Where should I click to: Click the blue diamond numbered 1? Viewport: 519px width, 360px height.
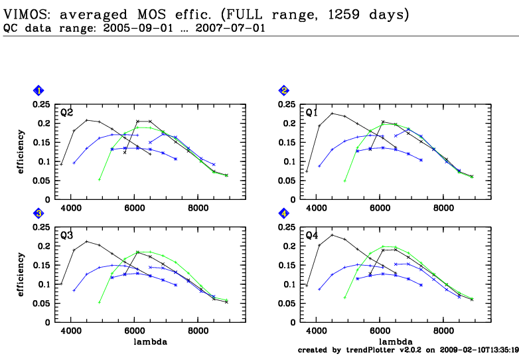coord(39,91)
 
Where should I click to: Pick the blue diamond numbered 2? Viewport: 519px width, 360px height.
coord(284,91)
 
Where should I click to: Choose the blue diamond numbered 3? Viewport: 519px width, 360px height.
coord(39,214)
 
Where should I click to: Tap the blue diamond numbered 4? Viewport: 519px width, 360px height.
coord(284,214)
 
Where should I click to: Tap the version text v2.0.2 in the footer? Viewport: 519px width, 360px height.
coord(409,350)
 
